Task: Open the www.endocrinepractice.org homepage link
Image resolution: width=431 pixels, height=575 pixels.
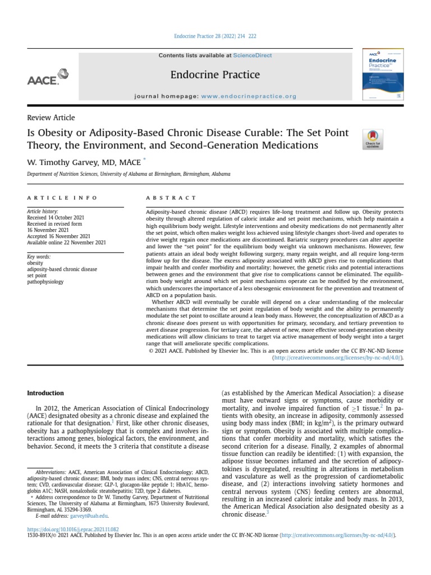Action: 248,97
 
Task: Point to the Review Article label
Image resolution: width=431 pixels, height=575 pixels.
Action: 51,118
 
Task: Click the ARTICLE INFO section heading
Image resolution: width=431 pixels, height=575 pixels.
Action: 62,198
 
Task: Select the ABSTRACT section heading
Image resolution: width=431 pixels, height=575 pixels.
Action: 171,198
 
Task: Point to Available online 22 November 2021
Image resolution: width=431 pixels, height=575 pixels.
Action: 66,243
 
